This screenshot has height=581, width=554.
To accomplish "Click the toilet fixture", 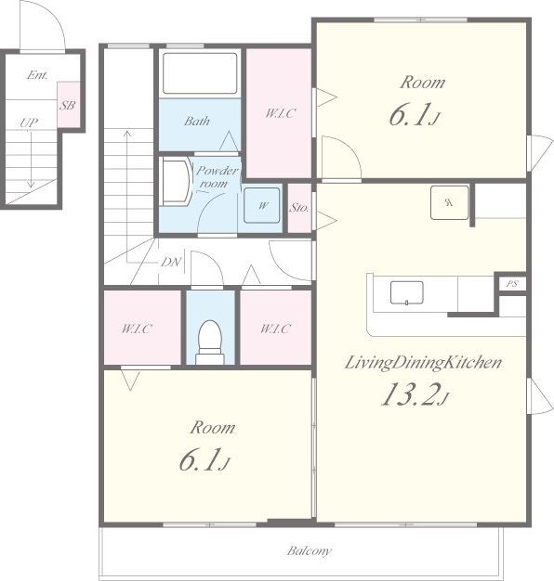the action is (210, 342).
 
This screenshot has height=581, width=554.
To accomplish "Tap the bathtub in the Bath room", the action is (200, 73).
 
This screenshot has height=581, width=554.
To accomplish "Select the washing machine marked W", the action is (261, 205).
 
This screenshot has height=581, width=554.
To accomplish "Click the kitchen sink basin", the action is (407, 292).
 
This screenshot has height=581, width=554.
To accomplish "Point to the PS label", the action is (512, 284).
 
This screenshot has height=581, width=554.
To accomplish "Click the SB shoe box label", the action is (68, 106).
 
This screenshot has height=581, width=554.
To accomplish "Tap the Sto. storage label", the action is (299, 208).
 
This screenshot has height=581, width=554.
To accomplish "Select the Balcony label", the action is (310, 551).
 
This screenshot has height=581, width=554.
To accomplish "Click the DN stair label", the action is (171, 263).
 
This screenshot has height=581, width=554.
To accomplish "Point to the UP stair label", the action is (29, 123).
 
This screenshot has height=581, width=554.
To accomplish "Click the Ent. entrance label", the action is (37, 75).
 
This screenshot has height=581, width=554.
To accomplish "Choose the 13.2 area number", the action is (411, 394).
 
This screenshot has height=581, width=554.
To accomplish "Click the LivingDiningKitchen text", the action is (423, 362).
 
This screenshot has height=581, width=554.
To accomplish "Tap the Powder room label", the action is (217, 176).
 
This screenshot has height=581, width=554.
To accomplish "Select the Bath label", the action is (197, 122).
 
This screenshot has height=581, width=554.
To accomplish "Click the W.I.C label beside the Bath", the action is (281, 113).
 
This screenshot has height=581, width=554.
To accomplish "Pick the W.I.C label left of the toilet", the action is (137, 329).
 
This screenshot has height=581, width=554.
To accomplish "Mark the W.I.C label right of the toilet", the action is (275, 329).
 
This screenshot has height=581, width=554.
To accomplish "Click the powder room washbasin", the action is (176, 182).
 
